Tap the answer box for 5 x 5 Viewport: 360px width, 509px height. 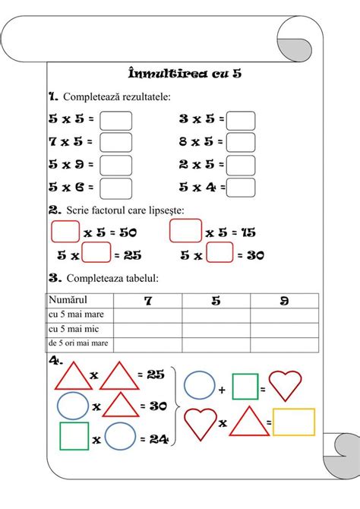click(116, 120)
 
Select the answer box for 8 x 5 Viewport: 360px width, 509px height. click(241, 142)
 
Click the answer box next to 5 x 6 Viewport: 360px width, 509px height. click(116, 187)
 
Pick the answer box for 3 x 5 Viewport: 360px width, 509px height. click(241, 120)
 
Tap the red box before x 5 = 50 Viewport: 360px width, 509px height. click(65, 231)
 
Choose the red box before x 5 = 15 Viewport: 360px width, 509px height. click(185, 231)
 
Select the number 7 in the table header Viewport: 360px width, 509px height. click(148, 301)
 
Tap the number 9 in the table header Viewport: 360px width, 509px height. click(284, 301)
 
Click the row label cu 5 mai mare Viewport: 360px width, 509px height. click(76, 315)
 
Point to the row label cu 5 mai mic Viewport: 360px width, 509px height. click(73, 330)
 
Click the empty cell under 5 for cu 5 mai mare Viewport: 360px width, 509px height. click(216, 315)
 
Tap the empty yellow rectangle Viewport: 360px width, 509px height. click(294, 422)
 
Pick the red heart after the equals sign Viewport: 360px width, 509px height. click(286, 386)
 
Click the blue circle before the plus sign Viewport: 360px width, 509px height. click(200, 385)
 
